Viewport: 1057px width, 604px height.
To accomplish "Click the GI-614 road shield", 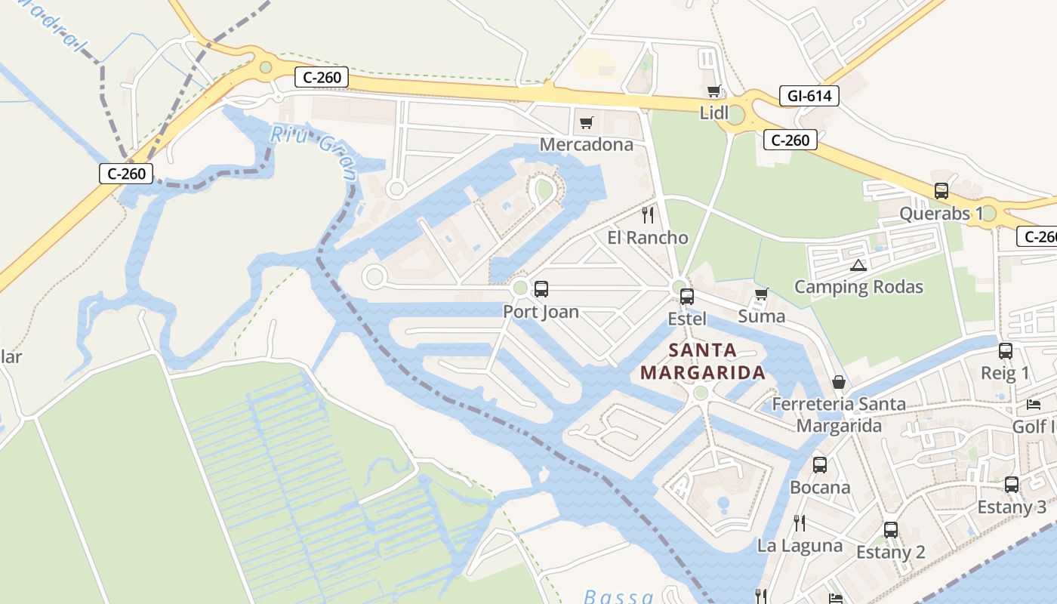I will (x=809, y=96).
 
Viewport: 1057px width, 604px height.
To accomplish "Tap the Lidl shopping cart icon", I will (x=713, y=91).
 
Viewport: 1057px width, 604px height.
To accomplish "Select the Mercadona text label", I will (x=587, y=144).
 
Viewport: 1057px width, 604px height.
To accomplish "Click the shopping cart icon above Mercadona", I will (x=586, y=122).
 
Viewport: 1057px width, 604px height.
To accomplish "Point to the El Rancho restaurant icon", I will (x=648, y=215).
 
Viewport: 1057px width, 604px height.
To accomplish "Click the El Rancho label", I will (x=648, y=238).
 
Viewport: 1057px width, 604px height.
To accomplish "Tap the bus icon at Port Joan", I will (x=541, y=289).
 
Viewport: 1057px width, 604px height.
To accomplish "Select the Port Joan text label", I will (x=541, y=312).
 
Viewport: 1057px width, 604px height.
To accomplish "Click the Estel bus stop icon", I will (x=687, y=297).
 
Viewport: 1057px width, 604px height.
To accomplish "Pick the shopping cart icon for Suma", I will (x=761, y=294).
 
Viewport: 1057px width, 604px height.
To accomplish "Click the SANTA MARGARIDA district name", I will (x=703, y=362).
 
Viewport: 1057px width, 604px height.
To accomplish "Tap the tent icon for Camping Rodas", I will (x=858, y=265).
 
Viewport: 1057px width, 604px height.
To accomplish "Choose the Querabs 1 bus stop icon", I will (x=941, y=191).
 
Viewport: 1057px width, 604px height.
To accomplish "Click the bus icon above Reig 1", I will (x=1006, y=351).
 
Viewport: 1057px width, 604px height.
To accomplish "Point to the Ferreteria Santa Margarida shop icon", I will (x=838, y=382).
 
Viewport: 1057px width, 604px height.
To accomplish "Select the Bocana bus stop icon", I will (x=820, y=465).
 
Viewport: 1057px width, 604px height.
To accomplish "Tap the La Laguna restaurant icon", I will (x=800, y=522).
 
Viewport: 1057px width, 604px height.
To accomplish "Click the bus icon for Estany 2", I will (x=891, y=530).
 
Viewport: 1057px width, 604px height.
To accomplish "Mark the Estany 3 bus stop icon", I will (x=1012, y=485).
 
